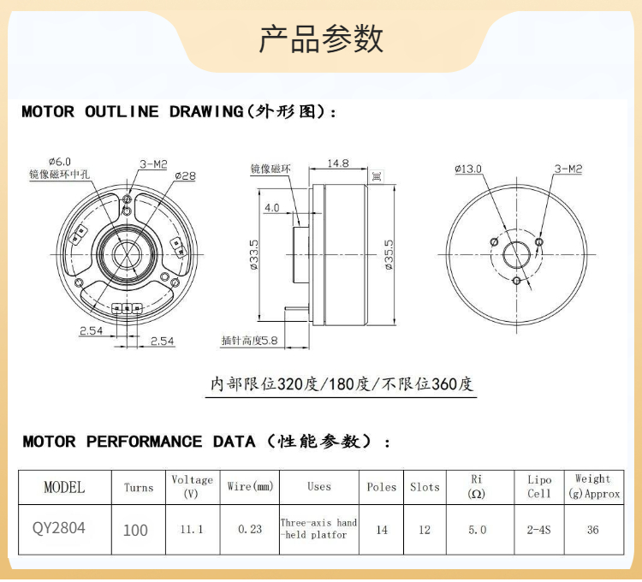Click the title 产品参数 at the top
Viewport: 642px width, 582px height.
[x=321, y=39]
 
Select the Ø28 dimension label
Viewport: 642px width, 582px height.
[x=185, y=175]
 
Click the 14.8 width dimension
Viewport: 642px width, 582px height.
[x=338, y=163]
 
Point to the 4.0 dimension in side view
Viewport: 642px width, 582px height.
[x=272, y=208]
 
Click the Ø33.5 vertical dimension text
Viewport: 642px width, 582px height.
[x=254, y=255]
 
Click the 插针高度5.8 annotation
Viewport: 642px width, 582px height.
[x=250, y=341]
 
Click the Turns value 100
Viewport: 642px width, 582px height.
[x=135, y=530]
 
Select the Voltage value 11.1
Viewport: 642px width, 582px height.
[x=192, y=530]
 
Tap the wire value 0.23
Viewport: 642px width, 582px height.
[x=250, y=530]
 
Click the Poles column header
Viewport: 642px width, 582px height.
[x=382, y=487]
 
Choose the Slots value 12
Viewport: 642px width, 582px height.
[x=425, y=530]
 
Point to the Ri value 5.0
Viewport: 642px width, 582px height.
[x=477, y=530]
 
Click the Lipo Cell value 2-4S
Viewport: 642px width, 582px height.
[x=539, y=530]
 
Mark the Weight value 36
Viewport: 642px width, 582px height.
[x=593, y=530]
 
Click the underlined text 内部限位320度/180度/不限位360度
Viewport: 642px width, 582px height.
[x=342, y=384]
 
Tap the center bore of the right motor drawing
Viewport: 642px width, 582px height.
[x=516, y=255]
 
